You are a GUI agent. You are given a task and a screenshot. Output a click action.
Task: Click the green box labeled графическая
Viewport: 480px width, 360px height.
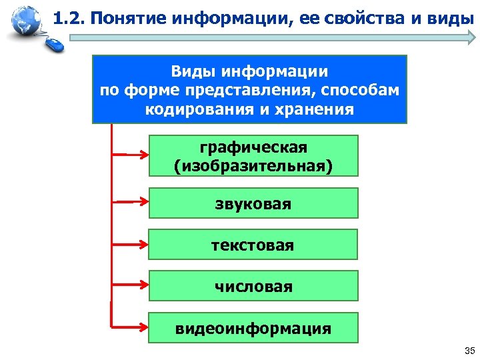click(x=253, y=155)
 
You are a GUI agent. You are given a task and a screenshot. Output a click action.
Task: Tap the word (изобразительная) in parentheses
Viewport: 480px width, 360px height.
click(x=253, y=165)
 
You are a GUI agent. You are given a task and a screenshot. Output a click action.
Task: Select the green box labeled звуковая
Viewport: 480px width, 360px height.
click(x=253, y=203)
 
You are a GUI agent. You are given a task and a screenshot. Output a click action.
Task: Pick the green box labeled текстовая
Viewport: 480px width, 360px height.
click(x=253, y=245)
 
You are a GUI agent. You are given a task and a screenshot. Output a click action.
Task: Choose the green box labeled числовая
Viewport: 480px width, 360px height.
click(x=253, y=286)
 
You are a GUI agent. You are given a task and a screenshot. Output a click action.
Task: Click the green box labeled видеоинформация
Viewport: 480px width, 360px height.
click(x=253, y=328)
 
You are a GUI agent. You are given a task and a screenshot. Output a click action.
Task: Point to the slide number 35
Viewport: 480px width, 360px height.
click(x=467, y=351)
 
